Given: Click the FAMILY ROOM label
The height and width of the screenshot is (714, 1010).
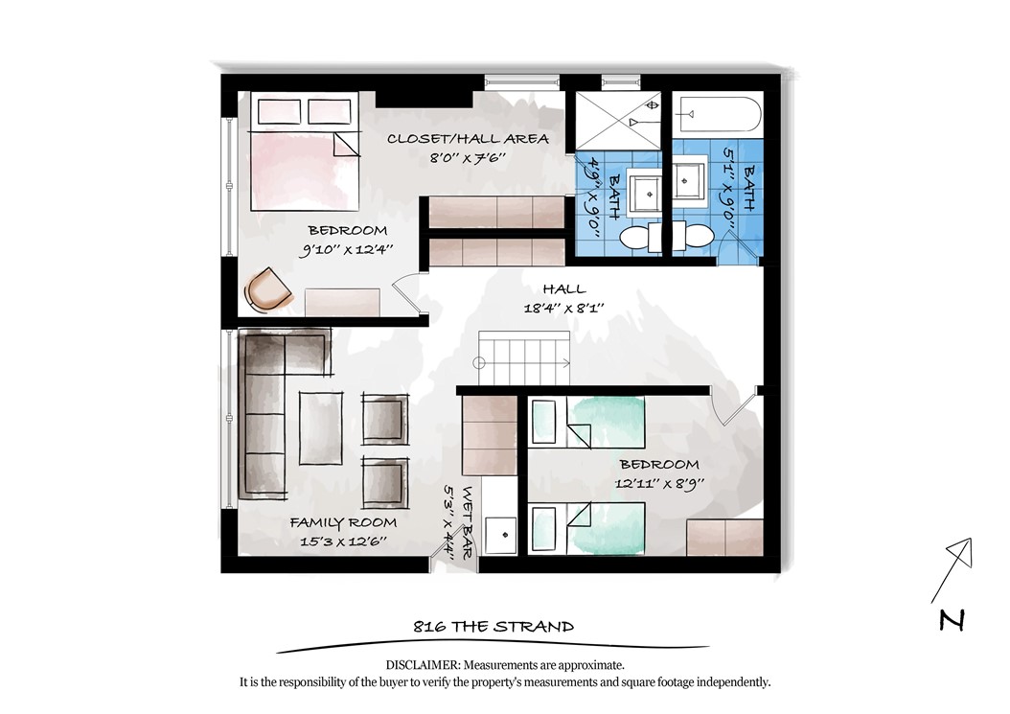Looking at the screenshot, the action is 343,522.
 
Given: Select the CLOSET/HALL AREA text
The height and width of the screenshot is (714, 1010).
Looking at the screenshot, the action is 469,139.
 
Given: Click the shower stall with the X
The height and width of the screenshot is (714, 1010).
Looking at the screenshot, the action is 618,123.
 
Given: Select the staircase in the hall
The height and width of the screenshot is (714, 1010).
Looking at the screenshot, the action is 523,358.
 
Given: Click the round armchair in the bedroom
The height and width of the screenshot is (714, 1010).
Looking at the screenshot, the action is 267,289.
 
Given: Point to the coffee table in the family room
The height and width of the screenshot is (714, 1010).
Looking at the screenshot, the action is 321,427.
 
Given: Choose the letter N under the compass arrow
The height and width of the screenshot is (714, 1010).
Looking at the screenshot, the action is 952,620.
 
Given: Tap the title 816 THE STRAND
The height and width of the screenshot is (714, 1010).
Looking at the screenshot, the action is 494,627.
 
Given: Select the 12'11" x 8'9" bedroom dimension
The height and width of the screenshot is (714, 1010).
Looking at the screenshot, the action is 659,483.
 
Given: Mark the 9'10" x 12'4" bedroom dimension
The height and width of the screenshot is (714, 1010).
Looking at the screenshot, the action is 346,249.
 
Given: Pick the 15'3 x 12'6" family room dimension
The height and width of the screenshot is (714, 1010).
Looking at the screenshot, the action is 343,541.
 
